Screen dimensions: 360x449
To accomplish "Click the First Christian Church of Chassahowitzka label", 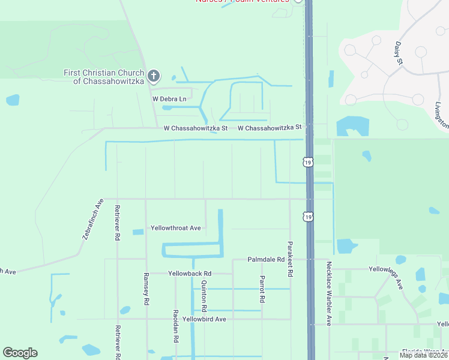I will pos(105,77).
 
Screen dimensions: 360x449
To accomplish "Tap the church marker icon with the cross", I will pos(154,76).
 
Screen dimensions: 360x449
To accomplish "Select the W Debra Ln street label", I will pos(169,98).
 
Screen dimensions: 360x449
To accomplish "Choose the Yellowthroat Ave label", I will pos(175,228).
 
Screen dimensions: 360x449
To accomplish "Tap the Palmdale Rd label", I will pos(266,259).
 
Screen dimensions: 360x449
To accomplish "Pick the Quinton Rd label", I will pos(204,295).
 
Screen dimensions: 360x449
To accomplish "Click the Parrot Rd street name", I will pos(262,289).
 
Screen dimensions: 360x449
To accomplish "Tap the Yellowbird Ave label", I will pos(204,319).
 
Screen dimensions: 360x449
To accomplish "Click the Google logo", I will pos(20,353).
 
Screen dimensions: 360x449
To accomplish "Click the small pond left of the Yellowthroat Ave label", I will pos(138,232).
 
